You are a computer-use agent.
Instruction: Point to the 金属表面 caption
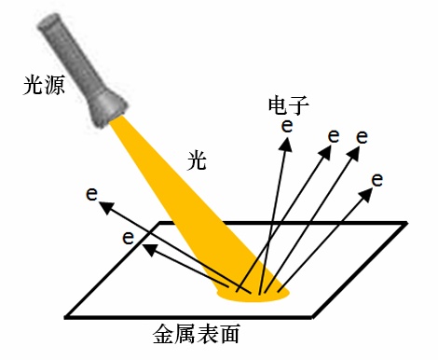(x=198, y=334)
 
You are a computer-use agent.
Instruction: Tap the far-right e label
(x=376, y=178)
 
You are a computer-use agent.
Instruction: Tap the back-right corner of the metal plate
(x=406, y=223)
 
